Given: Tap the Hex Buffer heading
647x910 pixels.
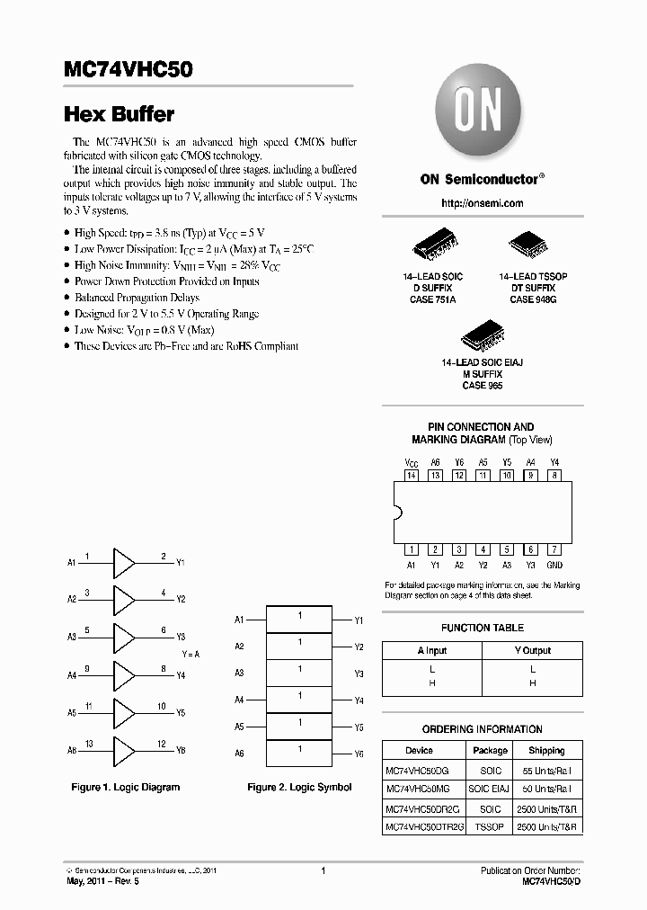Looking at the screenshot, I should [120, 114].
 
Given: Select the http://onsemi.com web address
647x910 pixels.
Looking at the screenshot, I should [482, 203].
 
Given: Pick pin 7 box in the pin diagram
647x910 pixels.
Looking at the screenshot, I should [554, 549].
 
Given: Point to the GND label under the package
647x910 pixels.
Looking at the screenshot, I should [554, 565].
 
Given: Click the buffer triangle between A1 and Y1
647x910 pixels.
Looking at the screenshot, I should [122, 563].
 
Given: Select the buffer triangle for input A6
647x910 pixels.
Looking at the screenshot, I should [122, 749].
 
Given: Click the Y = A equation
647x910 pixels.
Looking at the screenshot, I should [191, 654].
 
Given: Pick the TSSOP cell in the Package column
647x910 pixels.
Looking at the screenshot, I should [490, 825].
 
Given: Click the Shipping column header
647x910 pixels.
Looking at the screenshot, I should [546, 750].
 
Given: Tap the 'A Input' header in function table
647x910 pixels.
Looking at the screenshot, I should [431, 650].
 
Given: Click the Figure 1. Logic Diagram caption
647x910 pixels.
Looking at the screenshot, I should [125, 787].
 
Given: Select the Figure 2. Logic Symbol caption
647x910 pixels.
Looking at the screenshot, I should [299, 787].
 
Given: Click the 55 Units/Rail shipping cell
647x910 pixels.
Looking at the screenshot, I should [546, 771].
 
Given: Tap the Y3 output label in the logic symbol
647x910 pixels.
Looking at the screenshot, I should [359, 674].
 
